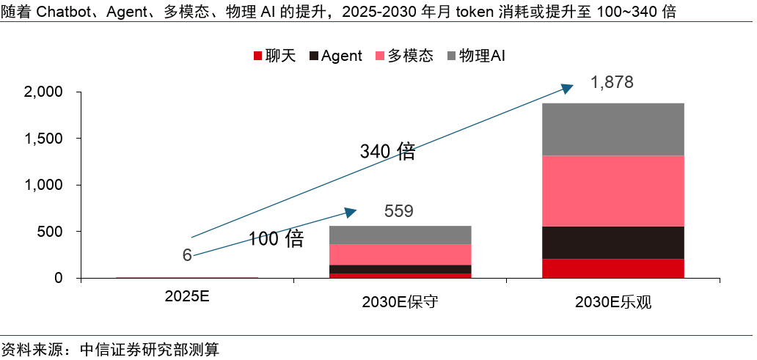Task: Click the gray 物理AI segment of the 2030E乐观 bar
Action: coord(612,129)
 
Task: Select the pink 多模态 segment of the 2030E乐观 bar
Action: coord(612,191)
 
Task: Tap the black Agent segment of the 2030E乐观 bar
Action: coord(612,243)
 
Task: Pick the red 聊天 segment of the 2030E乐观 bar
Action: coord(612,268)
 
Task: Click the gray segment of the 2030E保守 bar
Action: coord(400,235)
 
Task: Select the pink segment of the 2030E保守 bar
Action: coord(400,254)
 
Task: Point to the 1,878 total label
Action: coord(611,82)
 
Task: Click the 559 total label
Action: coord(399,212)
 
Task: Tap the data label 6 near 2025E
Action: coord(187,255)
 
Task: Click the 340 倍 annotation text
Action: coord(387,152)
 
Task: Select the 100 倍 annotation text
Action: coord(275,239)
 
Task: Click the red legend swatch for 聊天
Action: coord(257,56)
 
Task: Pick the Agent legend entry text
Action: coord(341,56)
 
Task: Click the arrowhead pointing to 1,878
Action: coord(566,88)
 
